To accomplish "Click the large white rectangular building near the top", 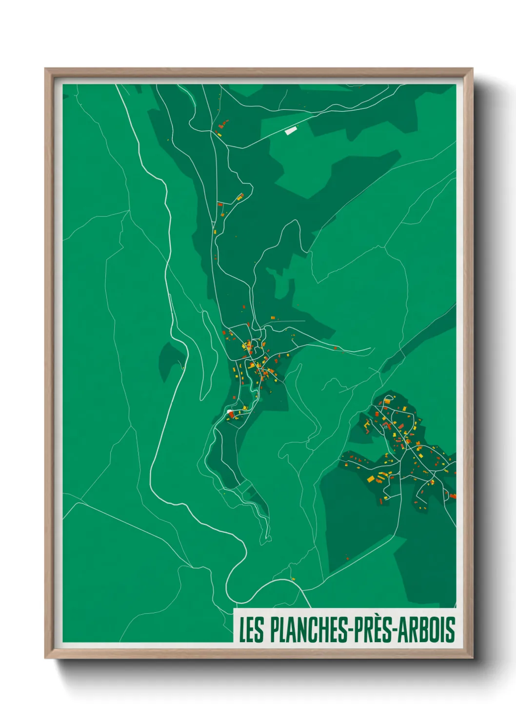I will [x=291, y=130].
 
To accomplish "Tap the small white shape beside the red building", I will [x=230, y=413].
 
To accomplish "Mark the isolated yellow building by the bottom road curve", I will [x=293, y=579].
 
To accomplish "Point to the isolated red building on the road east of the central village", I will [x=336, y=348].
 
